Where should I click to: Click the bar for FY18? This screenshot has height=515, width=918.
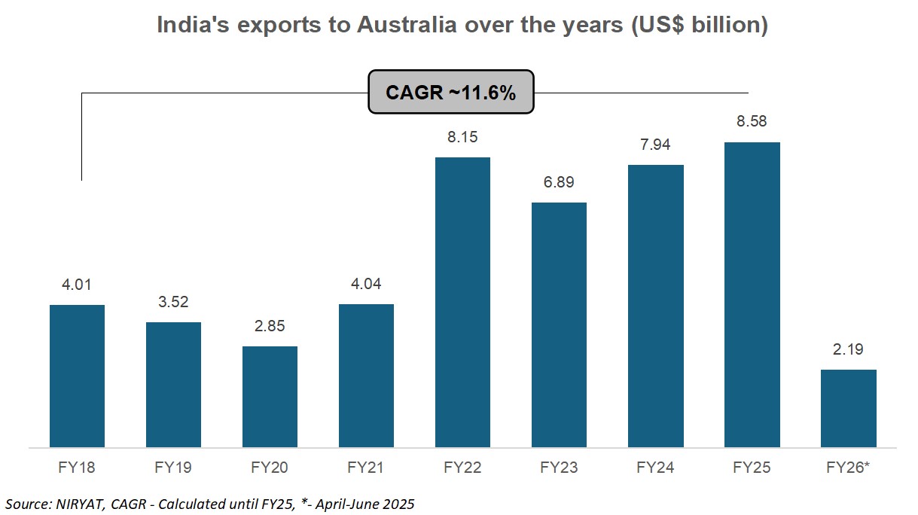[x=77, y=376]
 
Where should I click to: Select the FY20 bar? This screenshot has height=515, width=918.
[x=270, y=397]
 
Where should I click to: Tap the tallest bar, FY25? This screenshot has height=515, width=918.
[x=752, y=294]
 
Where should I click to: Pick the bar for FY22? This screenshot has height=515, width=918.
[x=462, y=302]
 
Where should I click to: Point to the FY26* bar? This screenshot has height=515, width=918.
[x=848, y=408]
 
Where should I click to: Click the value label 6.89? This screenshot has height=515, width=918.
[x=559, y=182]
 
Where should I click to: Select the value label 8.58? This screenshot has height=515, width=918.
[x=752, y=121]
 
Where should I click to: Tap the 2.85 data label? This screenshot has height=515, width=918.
[x=270, y=326]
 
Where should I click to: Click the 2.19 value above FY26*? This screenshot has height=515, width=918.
[x=848, y=349]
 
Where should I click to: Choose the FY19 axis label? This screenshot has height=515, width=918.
[x=173, y=468]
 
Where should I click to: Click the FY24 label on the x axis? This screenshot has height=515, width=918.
[x=655, y=468]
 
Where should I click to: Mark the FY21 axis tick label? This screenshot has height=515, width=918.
[x=366, y=468]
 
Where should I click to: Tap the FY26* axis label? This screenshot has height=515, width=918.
[x=848, y=468]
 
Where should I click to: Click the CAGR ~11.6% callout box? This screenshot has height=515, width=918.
[x=450, y=93]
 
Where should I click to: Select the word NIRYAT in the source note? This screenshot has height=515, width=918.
[x=75, y=502]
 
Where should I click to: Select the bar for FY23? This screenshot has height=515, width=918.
[x=559, y=325]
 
